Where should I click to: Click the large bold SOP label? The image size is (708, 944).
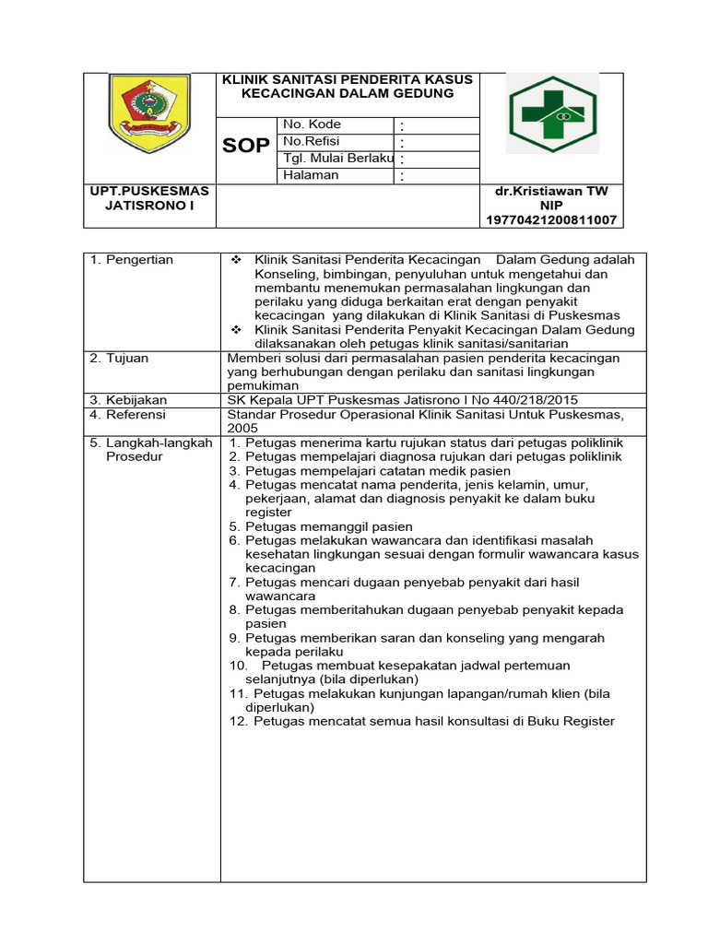click(246, 147)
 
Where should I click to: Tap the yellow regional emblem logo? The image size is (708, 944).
click(148, 114)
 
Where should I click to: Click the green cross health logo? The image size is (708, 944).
click(553, 114)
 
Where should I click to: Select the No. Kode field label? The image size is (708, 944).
click(312, 124)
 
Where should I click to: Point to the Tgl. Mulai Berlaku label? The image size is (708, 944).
click(338, 159)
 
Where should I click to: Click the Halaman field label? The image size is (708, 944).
click(311, 175)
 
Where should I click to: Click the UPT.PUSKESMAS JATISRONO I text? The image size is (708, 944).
click(149, 198)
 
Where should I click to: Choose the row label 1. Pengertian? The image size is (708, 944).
click(132, 260)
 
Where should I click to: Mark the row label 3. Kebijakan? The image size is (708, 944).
click(128, 399)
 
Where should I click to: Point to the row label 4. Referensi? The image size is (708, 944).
click(129, 414)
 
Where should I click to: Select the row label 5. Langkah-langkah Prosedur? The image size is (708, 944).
click(151, 450)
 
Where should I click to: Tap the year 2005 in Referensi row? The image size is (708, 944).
click(243, 428)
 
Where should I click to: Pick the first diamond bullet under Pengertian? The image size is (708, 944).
click(237, 260)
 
